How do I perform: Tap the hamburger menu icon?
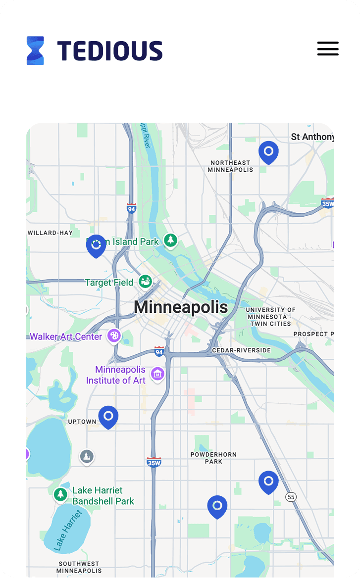coord(328,48)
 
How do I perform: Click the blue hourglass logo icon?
coord(35,50)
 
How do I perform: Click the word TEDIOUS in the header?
coord(109,51)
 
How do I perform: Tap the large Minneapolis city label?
coord(181,307)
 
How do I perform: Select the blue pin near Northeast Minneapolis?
coord(268,151)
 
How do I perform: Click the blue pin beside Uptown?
coord(108,416)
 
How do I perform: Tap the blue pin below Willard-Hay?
coord(96,245)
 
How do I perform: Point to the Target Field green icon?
coord(145,282)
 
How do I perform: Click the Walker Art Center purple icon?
coord(114,336)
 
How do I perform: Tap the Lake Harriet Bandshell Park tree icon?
coord(60,494)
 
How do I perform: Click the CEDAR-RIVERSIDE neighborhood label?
coord(241,350)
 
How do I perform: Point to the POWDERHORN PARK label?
coord(213,458)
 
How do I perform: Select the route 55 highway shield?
coord(291,496)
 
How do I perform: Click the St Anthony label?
coord(312,137)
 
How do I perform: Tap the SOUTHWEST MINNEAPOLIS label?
coord(79,567)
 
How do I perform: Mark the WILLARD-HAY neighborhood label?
coord(50,233)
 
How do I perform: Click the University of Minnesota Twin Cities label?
coord(270,317)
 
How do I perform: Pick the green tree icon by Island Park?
coord(171,241)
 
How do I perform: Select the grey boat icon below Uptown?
coord(87,456)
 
